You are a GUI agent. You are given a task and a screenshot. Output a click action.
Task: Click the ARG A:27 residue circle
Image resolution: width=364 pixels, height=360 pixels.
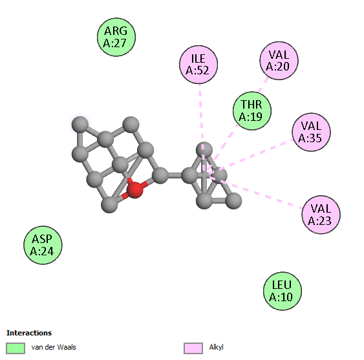point(116,37)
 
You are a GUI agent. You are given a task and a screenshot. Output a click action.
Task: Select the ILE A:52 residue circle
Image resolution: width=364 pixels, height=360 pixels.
point(198,65)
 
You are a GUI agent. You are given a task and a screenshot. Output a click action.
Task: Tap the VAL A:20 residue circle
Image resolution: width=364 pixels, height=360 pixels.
point(279,61)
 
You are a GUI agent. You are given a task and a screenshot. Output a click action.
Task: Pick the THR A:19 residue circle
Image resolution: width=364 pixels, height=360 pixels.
point(252,111)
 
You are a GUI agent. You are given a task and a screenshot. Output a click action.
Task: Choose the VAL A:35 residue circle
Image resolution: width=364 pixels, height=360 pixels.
point(311,132)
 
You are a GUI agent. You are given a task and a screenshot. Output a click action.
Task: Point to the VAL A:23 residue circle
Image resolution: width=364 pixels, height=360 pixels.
point(321,215)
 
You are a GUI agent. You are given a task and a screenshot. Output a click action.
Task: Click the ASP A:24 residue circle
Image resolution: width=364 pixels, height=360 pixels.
point(43,245)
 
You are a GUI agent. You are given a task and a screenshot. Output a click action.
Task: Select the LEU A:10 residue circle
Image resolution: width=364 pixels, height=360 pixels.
point(283,291)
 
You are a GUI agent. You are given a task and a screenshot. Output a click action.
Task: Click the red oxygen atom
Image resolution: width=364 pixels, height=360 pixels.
point(135,189)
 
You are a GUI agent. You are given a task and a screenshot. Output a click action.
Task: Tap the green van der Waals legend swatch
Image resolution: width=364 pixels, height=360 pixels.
point(16,348)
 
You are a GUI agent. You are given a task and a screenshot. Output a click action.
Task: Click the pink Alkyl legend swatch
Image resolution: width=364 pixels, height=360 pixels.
point(193,348)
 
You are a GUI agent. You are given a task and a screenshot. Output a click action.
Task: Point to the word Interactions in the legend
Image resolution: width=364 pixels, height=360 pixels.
point(29,333)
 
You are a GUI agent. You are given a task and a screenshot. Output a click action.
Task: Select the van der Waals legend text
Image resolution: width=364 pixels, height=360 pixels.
point(54,347)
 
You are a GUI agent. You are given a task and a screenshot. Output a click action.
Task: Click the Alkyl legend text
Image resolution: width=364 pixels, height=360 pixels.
point(216,347)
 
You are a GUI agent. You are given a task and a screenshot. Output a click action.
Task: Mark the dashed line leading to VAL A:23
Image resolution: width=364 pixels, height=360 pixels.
point(255,191)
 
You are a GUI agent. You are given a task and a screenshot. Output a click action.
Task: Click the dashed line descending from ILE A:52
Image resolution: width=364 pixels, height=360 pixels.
point(202,129)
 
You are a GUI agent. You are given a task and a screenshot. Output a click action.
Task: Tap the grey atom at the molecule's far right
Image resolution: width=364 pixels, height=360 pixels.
point(233,201)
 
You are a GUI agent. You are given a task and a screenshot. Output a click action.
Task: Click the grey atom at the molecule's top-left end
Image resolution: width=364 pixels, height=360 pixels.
point(80,125)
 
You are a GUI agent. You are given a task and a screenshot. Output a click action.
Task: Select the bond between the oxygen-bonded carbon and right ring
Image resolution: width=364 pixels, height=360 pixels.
point(175,175)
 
